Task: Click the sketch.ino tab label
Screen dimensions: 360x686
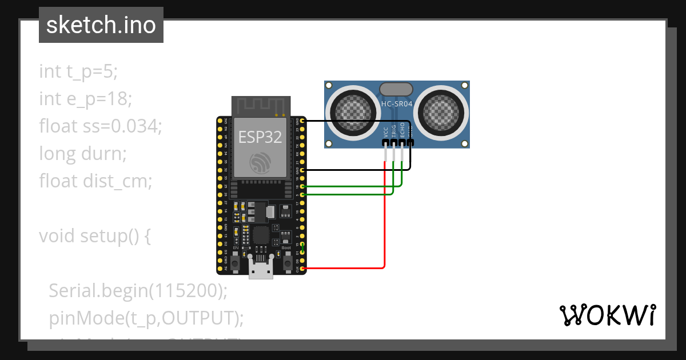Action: pos(101,26)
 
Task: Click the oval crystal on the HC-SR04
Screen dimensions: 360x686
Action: pos(396,89)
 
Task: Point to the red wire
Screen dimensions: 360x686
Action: pos(385,229)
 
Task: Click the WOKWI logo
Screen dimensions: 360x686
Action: pos(607,315)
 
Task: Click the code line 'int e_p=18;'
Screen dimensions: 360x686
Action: pos(86,99)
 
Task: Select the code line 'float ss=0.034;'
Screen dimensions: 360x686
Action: pos(101,126)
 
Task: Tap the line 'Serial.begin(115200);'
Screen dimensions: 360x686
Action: pos(138,291)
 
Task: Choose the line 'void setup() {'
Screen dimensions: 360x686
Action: pos(95,236)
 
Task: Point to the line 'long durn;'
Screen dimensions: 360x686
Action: pos(82,154)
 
